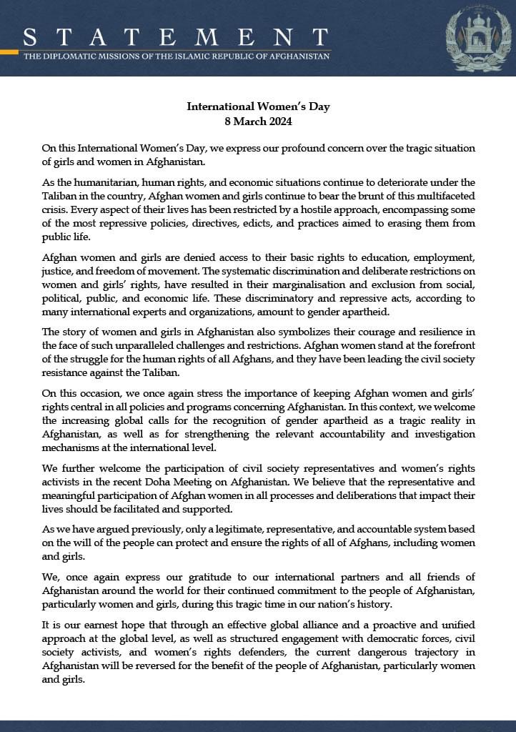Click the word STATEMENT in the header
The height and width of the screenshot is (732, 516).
(176, 36)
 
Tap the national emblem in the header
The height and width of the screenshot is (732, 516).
(478, 39)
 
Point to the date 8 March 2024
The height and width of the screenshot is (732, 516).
(258, 121)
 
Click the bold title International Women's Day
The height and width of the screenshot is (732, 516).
(258, 107)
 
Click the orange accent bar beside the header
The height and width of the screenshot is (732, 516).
(9, 51)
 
